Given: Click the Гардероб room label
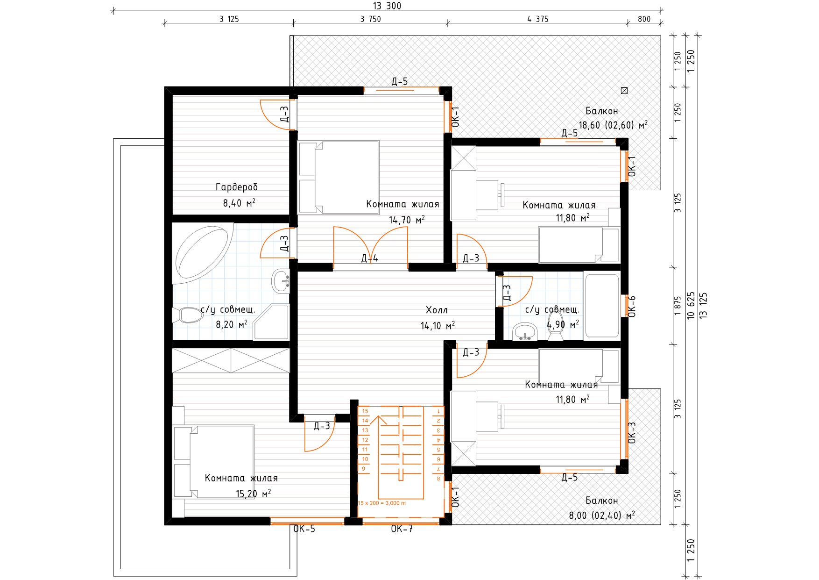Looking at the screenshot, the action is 236,187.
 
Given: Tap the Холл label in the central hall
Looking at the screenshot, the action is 437,310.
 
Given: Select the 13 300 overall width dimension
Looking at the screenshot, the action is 387,6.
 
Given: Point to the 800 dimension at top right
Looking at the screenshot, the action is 644,19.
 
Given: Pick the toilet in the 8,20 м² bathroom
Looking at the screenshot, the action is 188,315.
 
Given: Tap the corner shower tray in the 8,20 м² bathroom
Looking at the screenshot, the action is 271,322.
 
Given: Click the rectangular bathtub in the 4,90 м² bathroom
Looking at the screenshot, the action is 602,306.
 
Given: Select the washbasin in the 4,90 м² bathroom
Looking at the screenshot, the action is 525,332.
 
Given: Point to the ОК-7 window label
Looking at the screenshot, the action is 402,529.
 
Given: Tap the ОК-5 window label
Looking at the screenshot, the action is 304,529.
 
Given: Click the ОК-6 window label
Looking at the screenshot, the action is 632,307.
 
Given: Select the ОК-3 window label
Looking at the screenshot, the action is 632,433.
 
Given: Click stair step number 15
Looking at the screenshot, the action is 365,411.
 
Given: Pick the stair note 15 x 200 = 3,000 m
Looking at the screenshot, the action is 382,503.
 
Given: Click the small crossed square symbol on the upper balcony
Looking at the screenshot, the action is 624,91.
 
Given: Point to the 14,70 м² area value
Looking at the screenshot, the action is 407,220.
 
